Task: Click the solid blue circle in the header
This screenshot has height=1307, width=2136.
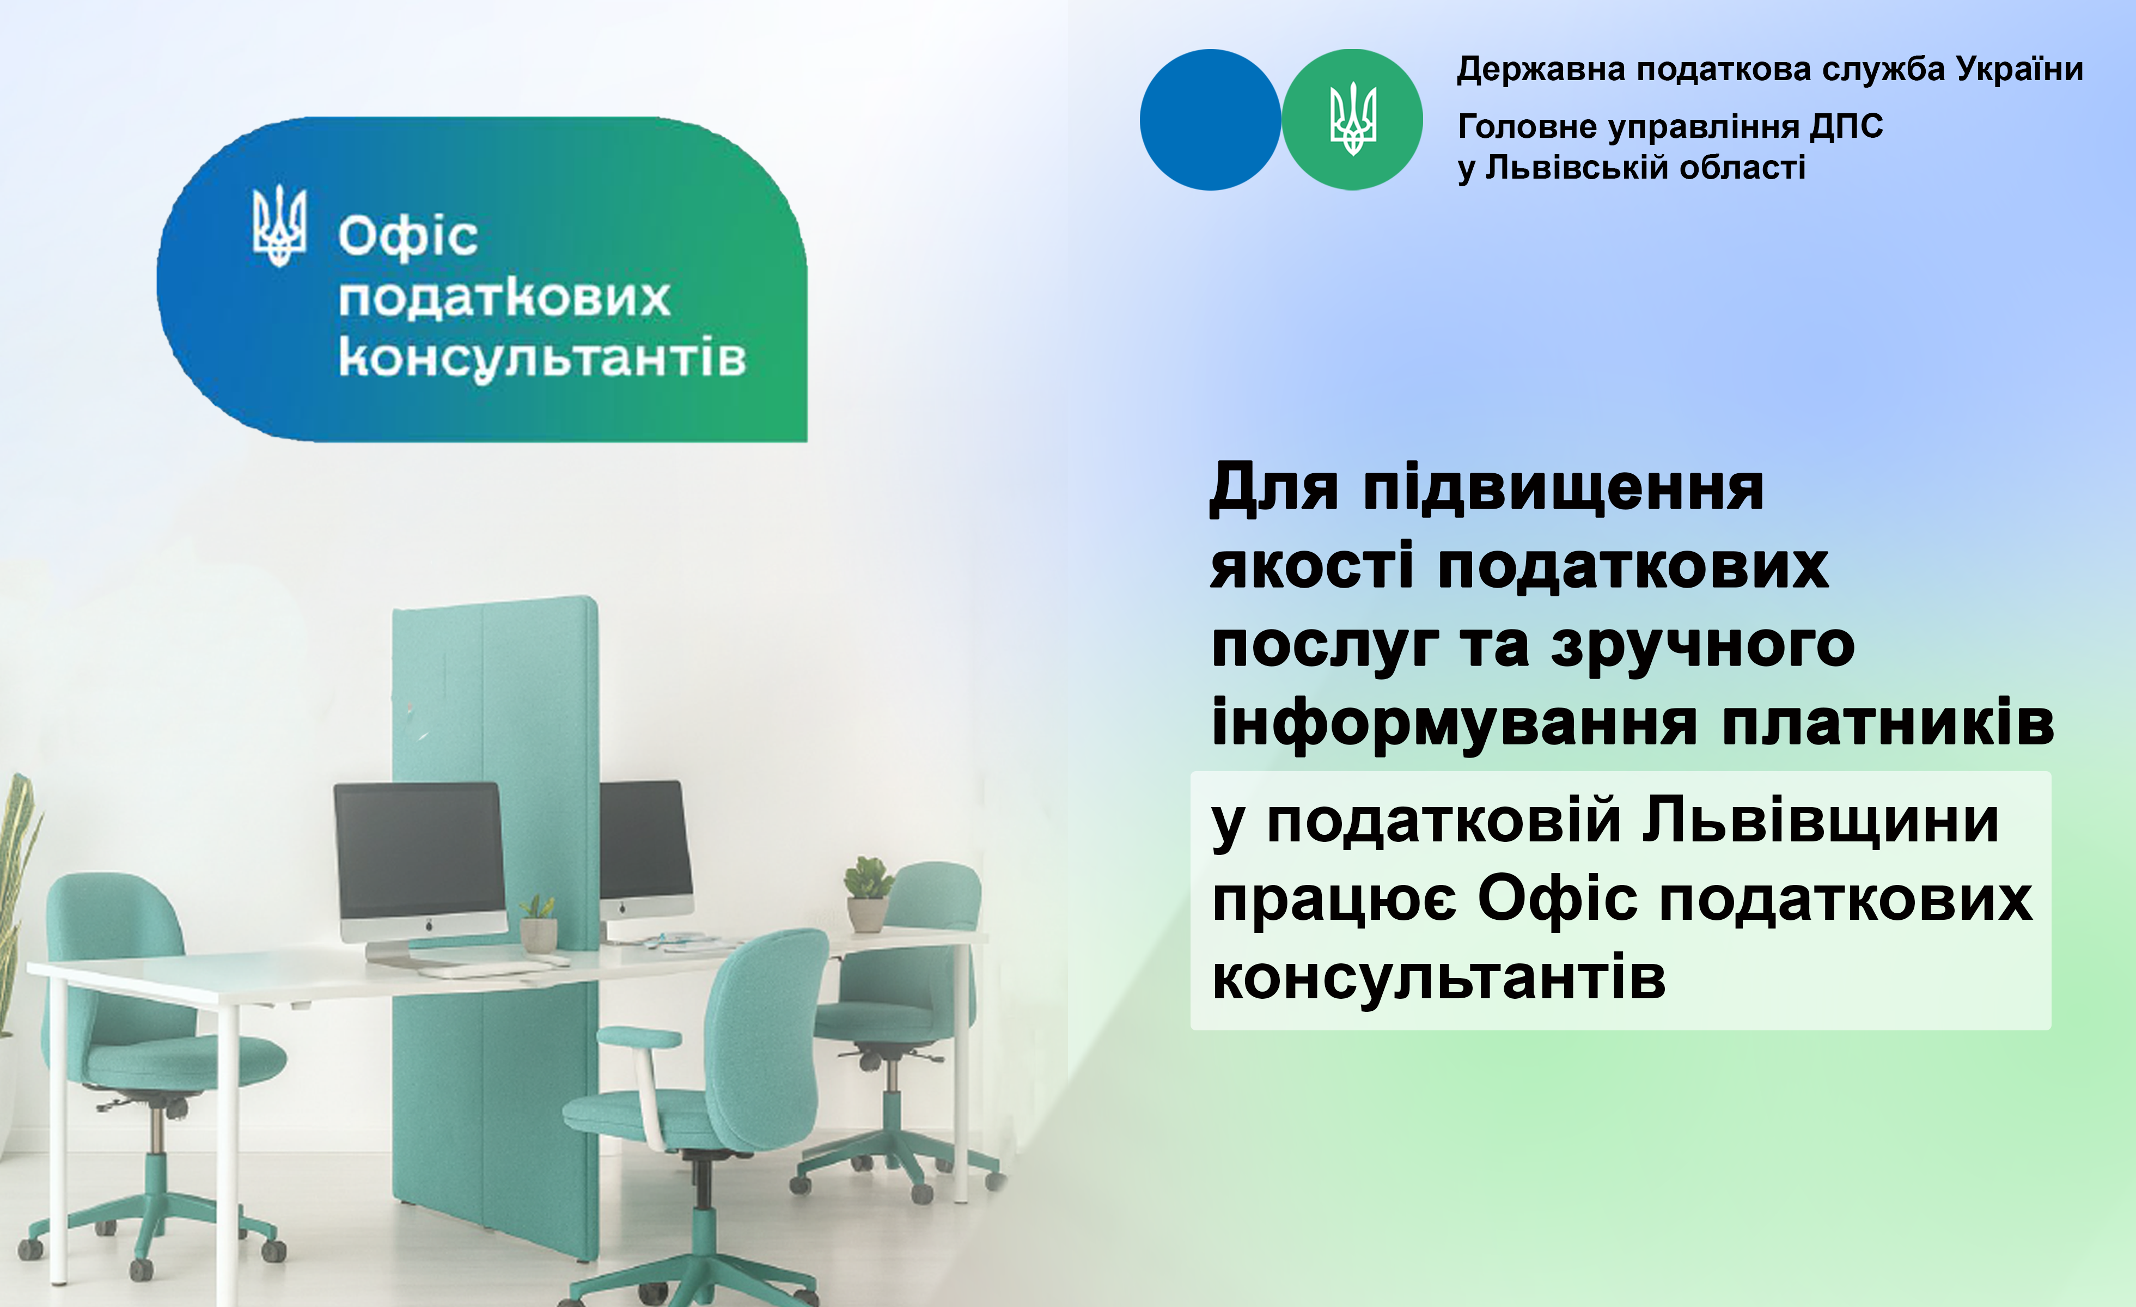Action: (x=1210, y=120)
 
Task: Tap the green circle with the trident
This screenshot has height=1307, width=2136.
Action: (x=1352, y=120)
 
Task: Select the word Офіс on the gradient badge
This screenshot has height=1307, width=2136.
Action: (x=407, y=236)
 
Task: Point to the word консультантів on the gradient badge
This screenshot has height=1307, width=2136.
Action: (x=542, y=358)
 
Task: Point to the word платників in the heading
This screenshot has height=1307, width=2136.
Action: (x=1888, y=723)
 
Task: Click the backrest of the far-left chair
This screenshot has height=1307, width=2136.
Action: (x=113, y=954)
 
